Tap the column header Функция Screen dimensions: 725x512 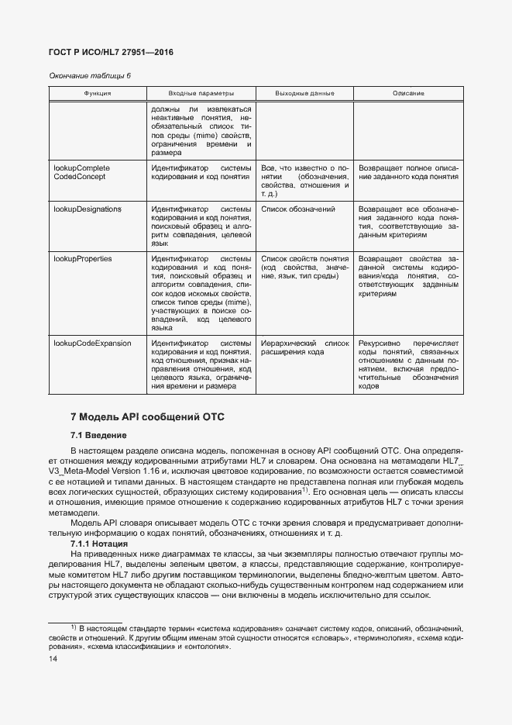[98, 93]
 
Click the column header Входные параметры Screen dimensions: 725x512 [201, 93]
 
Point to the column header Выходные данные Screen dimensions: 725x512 [304, 93]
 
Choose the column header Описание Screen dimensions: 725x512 [408, 93]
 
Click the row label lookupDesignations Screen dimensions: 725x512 [87, 209]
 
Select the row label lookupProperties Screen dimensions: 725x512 [82, 258]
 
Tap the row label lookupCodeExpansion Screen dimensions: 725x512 [91, 343]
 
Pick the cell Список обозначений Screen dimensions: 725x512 [298, 209]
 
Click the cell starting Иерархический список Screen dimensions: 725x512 [305, 347]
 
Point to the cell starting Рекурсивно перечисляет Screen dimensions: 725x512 [408, 364]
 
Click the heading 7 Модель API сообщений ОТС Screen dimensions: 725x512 [147, 417]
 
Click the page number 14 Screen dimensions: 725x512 [53, 658]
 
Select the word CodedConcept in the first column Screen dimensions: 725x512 [79, 177]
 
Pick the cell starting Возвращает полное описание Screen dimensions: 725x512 [408, 172]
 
